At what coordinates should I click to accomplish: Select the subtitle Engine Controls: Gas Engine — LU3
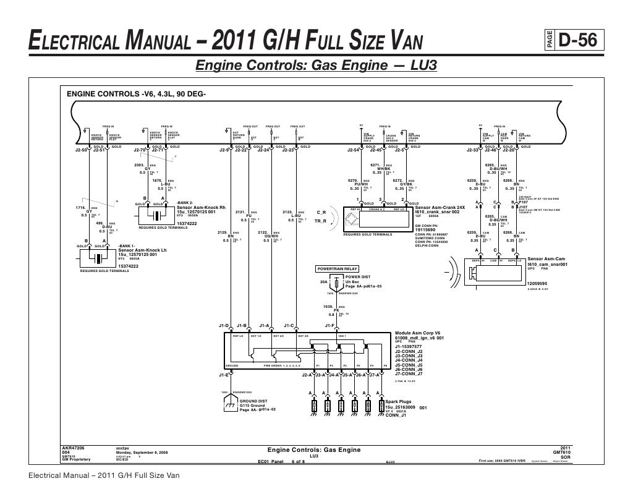(x=316, y=65)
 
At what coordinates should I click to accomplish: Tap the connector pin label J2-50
(x=81, y=150)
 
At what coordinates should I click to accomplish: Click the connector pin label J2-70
(x=140, y=150)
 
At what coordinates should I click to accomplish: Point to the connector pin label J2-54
(x=354, y=150)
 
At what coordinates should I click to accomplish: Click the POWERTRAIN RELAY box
(x=337, y=270)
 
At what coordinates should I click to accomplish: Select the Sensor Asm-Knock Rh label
(x=202, y=207)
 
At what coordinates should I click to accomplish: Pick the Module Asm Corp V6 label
(x=420, y=334)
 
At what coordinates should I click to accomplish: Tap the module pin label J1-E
(x=224, y=375)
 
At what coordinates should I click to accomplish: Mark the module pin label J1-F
(x=329, y=325)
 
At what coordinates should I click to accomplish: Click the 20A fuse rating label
(x=323, y=283)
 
